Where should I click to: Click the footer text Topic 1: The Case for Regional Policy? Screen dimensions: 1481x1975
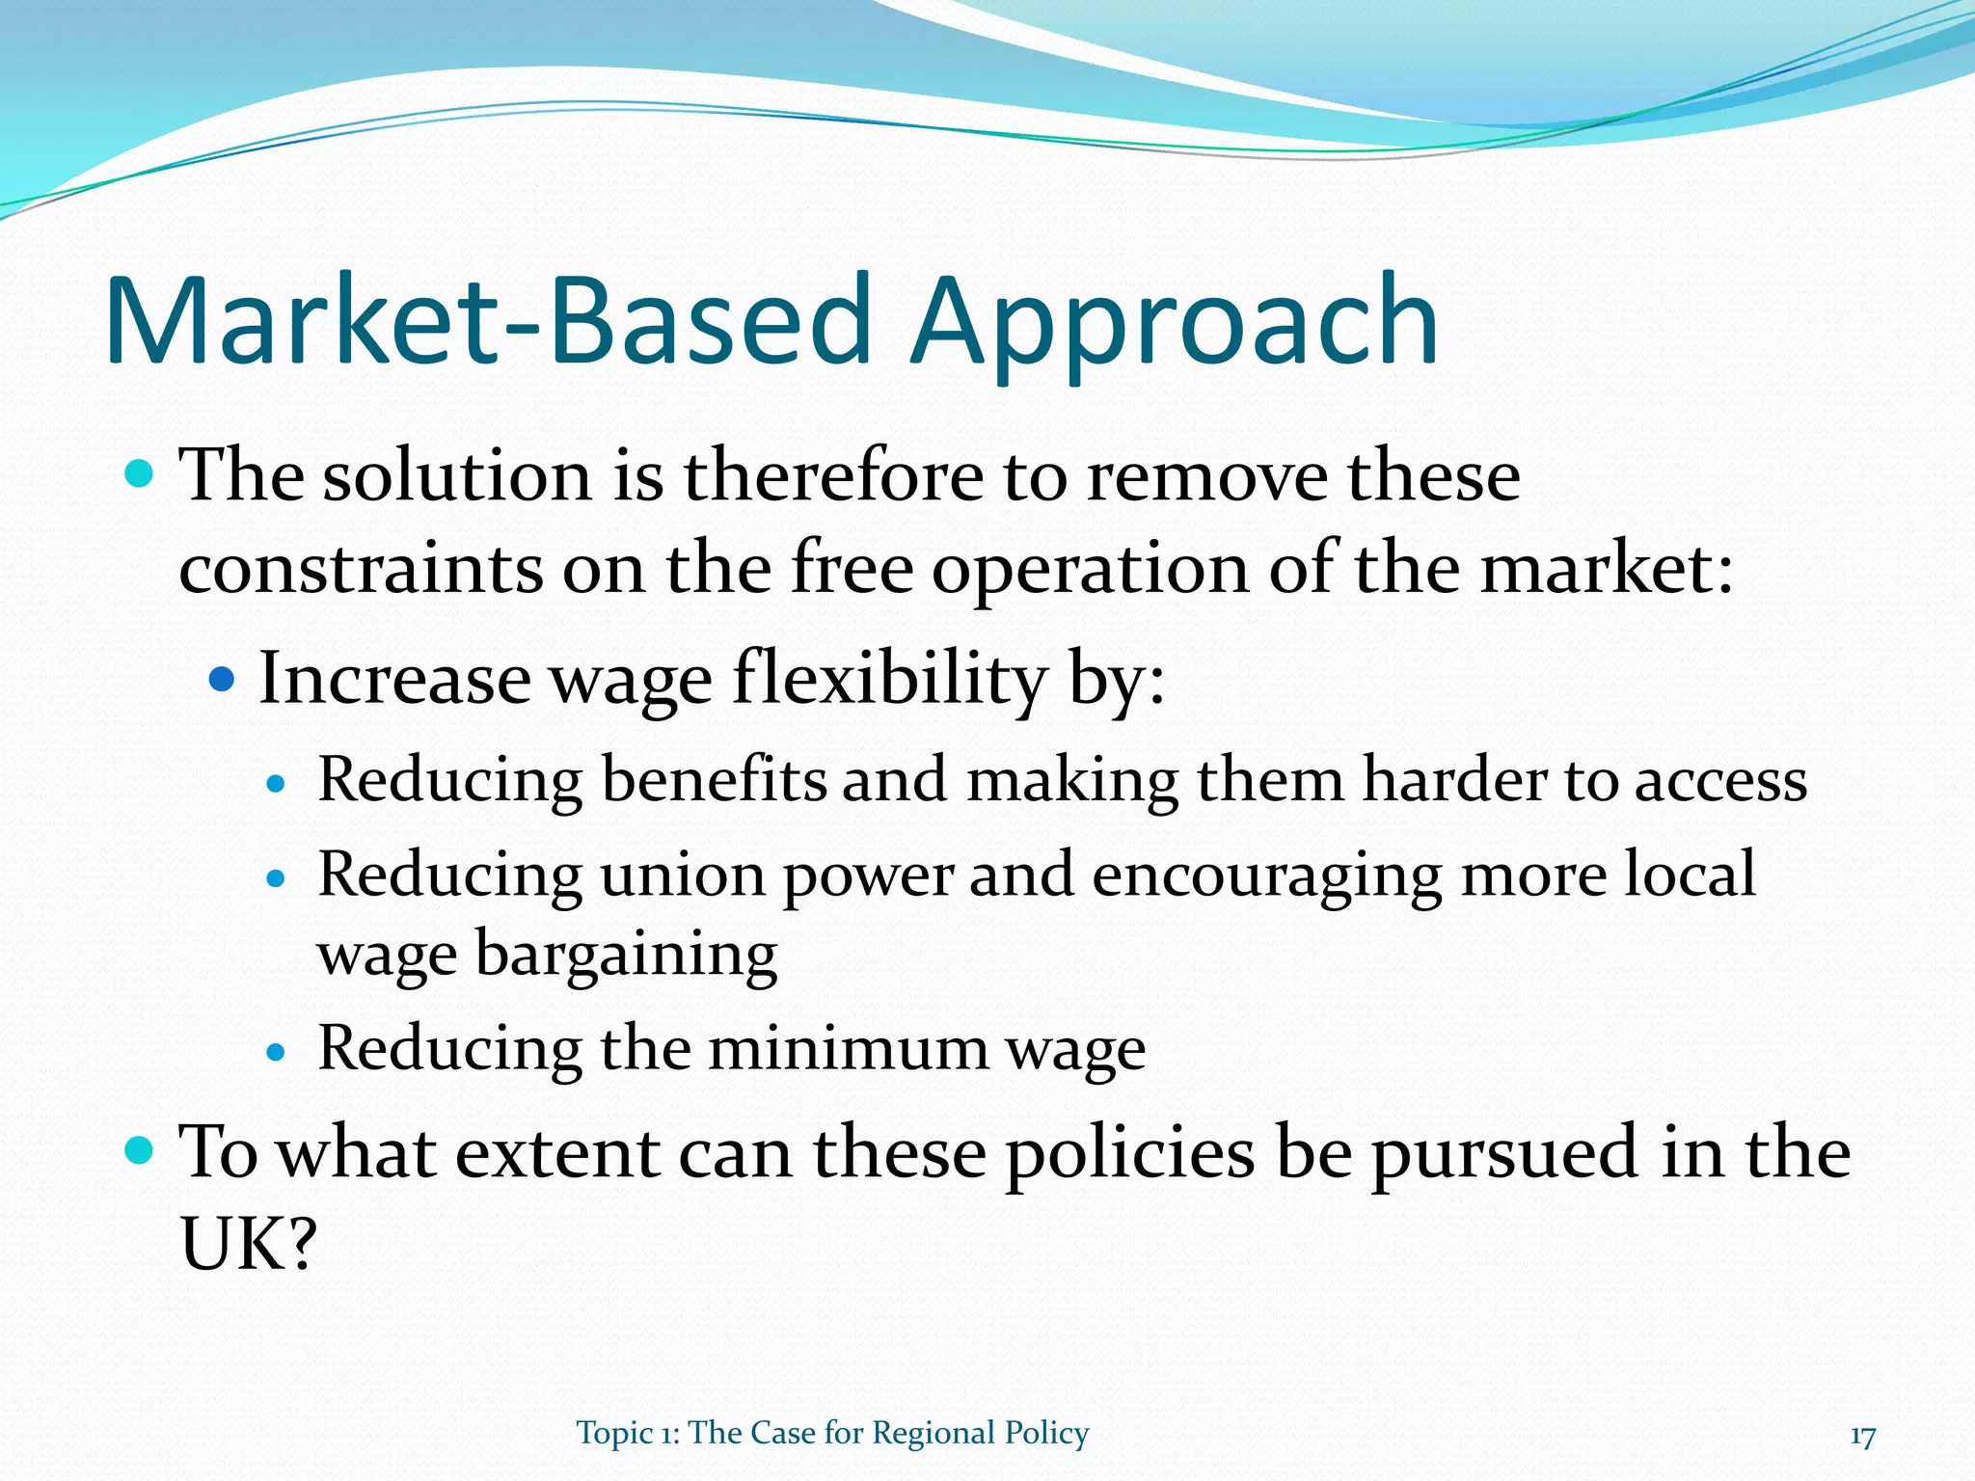click(832, 1433)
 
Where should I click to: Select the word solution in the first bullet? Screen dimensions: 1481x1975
click(456, 476)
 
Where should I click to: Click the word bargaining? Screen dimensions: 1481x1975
click(626, 955)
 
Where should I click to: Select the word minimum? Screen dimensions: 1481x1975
click(848, 1048)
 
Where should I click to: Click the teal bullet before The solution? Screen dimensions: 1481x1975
click(140, 474)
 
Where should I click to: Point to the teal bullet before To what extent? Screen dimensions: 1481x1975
click(140, 1150)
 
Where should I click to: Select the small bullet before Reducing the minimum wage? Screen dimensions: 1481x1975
click(277, 1052)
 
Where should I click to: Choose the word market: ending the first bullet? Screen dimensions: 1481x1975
click(1607, 569)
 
